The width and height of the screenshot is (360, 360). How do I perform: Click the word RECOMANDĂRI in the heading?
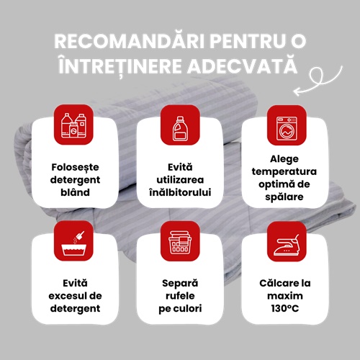pos(130,40)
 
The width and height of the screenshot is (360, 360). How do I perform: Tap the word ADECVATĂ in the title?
pos(243,65)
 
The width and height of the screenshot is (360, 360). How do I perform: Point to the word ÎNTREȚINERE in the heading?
pos(120,66)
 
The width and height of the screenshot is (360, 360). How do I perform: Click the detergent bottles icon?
pos(73,125)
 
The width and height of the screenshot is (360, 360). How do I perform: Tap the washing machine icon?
pos(287,128)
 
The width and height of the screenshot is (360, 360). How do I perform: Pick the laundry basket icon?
pos(180,243)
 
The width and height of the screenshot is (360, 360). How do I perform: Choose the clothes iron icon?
pos(287,245)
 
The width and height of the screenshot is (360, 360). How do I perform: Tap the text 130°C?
pos(285,308)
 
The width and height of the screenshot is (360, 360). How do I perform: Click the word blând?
pos(75,192)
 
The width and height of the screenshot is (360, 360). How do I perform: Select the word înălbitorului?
pos(180,192)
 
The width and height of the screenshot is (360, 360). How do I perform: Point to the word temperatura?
pos(284,172)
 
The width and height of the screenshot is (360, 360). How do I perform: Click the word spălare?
pos(284,197)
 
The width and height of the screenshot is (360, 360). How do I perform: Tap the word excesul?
pos(66,296)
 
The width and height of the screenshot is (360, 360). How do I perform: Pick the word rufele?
pos(180,296)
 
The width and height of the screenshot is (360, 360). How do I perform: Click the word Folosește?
pos(75,167)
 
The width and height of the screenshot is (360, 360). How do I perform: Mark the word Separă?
pos(180,284)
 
